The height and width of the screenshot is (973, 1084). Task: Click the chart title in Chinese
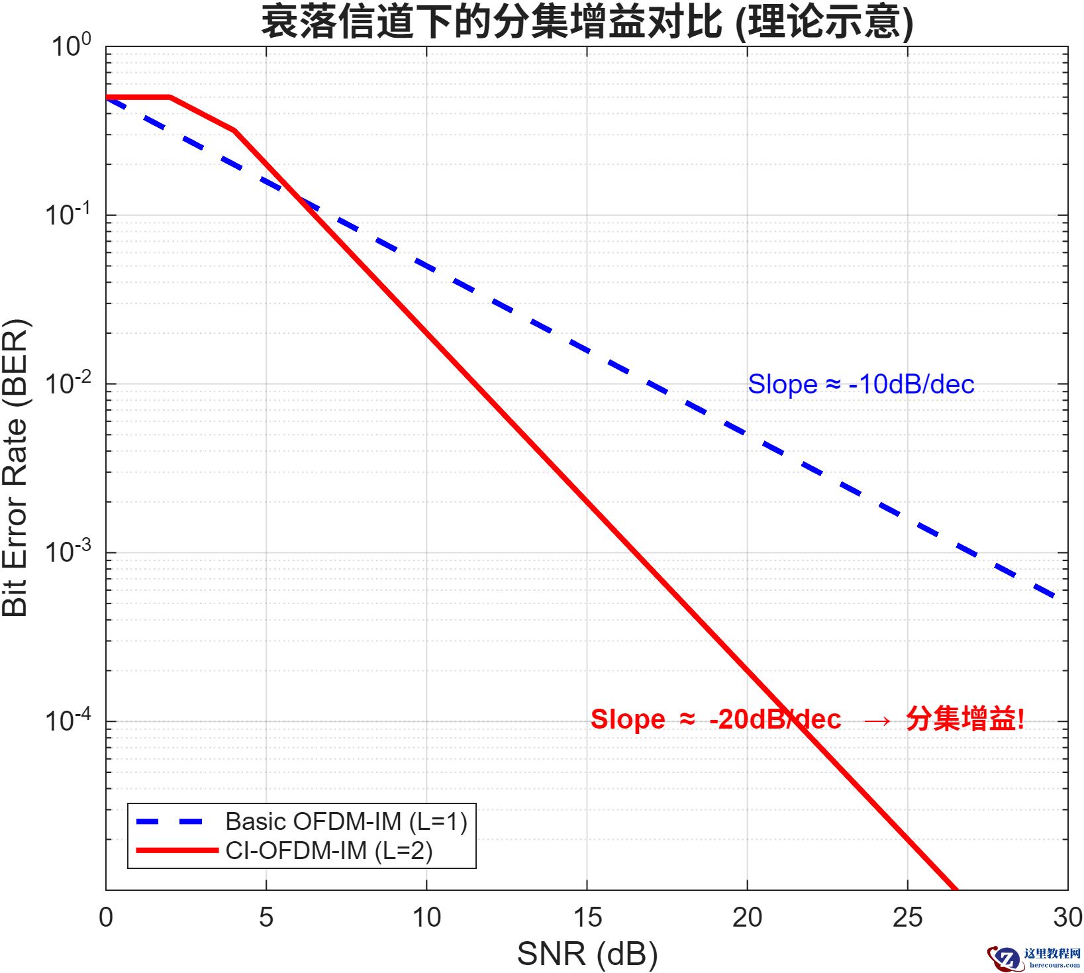coord(587,22)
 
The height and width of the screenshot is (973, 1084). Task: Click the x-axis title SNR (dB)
coord(587,954)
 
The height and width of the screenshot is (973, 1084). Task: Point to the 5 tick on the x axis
coord(266,917)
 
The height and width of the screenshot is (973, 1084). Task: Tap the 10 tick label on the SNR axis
coord(426,917)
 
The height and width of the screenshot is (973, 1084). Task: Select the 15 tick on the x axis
coord(587,917)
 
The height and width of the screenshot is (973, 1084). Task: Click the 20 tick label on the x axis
coord(747,917)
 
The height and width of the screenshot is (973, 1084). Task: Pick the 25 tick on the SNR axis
coord(907,917)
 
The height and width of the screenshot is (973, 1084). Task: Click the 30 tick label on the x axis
coord(1067,917)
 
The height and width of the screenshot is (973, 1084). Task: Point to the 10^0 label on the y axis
coord(71,46)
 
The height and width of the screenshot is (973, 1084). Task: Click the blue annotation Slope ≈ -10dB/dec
coord(861,384)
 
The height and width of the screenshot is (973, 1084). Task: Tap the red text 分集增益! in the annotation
coord(965,719)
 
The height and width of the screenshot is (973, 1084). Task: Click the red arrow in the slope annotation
coord(878,720)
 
